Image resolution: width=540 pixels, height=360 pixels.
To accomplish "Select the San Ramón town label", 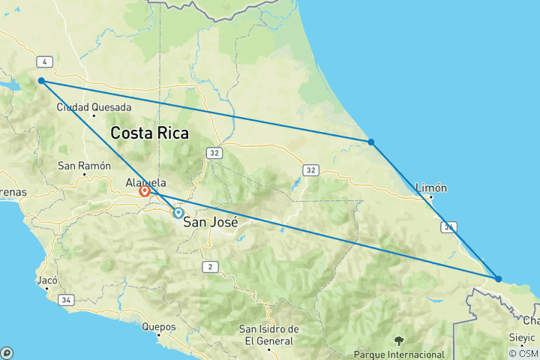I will pyautogui.click(x=79, y=165).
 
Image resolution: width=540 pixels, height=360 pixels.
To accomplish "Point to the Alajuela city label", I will pyautogui.click(x=145, y=181).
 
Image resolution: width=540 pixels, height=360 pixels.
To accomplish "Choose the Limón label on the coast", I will pyautogui.click(x=430, y=187).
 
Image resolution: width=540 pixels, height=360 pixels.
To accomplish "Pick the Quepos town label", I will pyautogui.click(x=158, y=327).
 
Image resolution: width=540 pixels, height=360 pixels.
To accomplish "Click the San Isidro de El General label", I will pyautogui.click(x=268, y=334).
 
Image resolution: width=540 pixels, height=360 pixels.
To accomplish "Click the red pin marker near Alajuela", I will pyautogui.click(x=144, y=191).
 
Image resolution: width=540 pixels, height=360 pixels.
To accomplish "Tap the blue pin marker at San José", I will pyautogui.click(x=178, y=213).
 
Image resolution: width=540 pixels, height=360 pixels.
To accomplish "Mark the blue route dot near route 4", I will pyautogui.click(x=41, y=80).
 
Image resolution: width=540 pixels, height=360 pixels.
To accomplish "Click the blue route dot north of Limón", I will pyautogui.click(x=370, y=142).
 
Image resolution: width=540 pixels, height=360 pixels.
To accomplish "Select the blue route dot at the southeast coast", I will pyautogui.click(x=499, y=279).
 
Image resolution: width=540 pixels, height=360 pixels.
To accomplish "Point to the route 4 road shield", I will pyautogui.click(x=46, y=61).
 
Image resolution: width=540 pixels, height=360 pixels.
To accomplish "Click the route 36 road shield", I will pyautogui.click(x=448, y=226).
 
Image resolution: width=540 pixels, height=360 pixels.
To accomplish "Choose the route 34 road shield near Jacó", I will pyautogui.click(x=67, y=300).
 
